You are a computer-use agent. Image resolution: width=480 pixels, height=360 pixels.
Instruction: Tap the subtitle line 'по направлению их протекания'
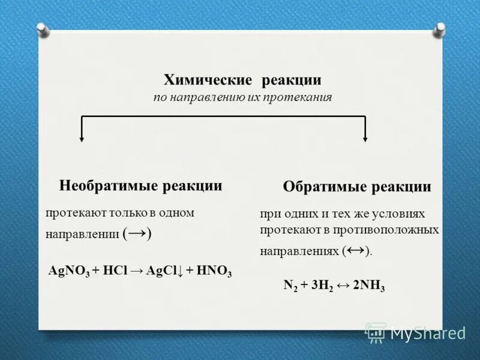point(242,97)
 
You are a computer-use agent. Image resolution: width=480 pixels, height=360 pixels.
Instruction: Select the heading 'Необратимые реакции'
point(141,186)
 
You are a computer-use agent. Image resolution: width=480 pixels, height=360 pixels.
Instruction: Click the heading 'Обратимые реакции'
point(356,187)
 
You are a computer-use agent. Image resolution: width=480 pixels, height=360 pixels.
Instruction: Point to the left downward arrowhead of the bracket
point(82,139)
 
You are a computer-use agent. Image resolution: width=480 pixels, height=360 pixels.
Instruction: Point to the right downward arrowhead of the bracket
point(365,139)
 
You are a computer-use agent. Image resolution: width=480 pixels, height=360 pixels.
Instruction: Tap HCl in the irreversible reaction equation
point(113,271)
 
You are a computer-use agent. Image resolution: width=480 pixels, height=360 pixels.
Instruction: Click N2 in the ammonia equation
point(290,286)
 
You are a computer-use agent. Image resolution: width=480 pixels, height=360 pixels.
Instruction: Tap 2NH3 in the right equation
point(369,286)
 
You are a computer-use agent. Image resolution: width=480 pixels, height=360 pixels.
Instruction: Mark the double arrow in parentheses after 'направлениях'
point(355,250)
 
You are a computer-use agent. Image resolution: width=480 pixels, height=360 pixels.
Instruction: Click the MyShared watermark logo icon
point(376,332)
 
